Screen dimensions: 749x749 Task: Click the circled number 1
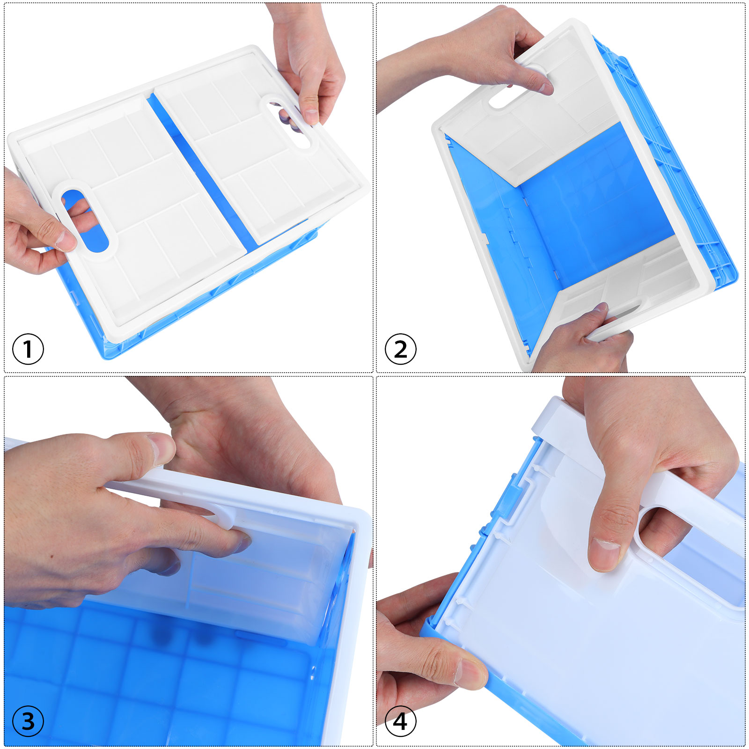[28, 349]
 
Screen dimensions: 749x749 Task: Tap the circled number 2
[401, 349]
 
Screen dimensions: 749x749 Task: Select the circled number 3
[28, 721]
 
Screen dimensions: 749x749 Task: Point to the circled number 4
[401, 721]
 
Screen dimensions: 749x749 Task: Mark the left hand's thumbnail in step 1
[66, 241]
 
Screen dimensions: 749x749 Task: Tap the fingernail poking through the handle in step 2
[545, 88]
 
